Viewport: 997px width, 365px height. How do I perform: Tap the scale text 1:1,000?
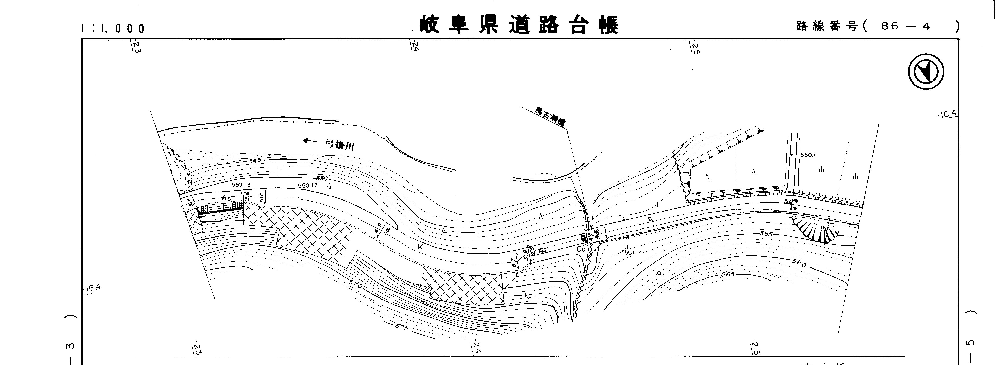click(x=113, y=28)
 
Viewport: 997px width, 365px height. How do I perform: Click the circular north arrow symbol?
click(x=926, y=72)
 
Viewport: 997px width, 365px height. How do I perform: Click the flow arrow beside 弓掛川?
click(x=310, y=141)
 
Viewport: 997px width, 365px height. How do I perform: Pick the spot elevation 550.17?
click(x=308, y=186)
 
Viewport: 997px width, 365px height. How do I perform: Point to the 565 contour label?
click(x=727, y=274)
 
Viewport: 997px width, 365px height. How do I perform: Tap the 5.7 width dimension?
click(x=262, y=198)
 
